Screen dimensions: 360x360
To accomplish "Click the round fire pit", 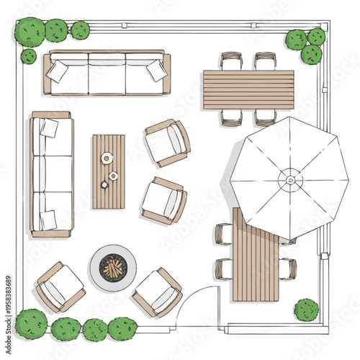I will click(112, 266).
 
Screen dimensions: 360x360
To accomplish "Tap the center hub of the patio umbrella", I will click(289, 177).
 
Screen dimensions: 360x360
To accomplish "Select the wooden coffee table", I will click(108, 171).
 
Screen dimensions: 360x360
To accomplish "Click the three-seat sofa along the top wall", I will click(107, 73).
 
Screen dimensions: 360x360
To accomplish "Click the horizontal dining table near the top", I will click(248, 89).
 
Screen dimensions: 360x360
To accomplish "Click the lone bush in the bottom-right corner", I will click(306, 310).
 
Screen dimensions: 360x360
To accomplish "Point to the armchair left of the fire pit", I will click(60, 286).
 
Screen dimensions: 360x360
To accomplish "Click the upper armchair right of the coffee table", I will click(167, 142).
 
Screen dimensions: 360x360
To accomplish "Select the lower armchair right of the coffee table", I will click(163, 200).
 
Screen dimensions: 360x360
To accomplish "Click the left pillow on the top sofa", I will click(58, 71).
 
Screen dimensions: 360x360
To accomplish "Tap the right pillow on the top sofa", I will click(156, 70).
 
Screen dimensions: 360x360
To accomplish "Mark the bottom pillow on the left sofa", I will click(48, 220).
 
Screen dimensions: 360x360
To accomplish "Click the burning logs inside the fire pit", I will click(112, 268).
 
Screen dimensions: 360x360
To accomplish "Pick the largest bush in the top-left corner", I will click(30, 32).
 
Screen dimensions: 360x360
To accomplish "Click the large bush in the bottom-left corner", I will click(31, 324).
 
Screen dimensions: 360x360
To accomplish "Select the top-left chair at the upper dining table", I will click(231, 60).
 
